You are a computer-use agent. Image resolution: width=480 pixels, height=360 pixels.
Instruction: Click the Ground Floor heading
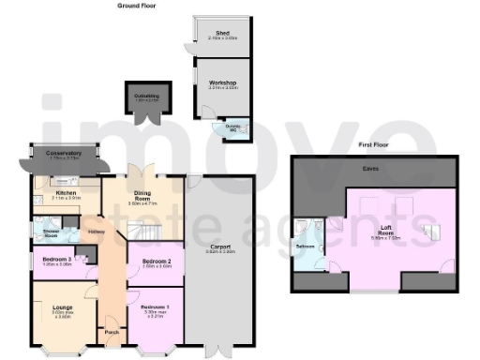point(136,6)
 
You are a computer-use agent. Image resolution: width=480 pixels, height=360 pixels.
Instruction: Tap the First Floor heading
point(372,146)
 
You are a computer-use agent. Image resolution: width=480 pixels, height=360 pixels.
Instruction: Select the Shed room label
point(221,31)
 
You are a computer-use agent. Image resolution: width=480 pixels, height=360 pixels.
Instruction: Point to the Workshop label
point(221,82)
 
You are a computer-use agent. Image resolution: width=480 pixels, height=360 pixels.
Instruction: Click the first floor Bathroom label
point(306,246)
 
